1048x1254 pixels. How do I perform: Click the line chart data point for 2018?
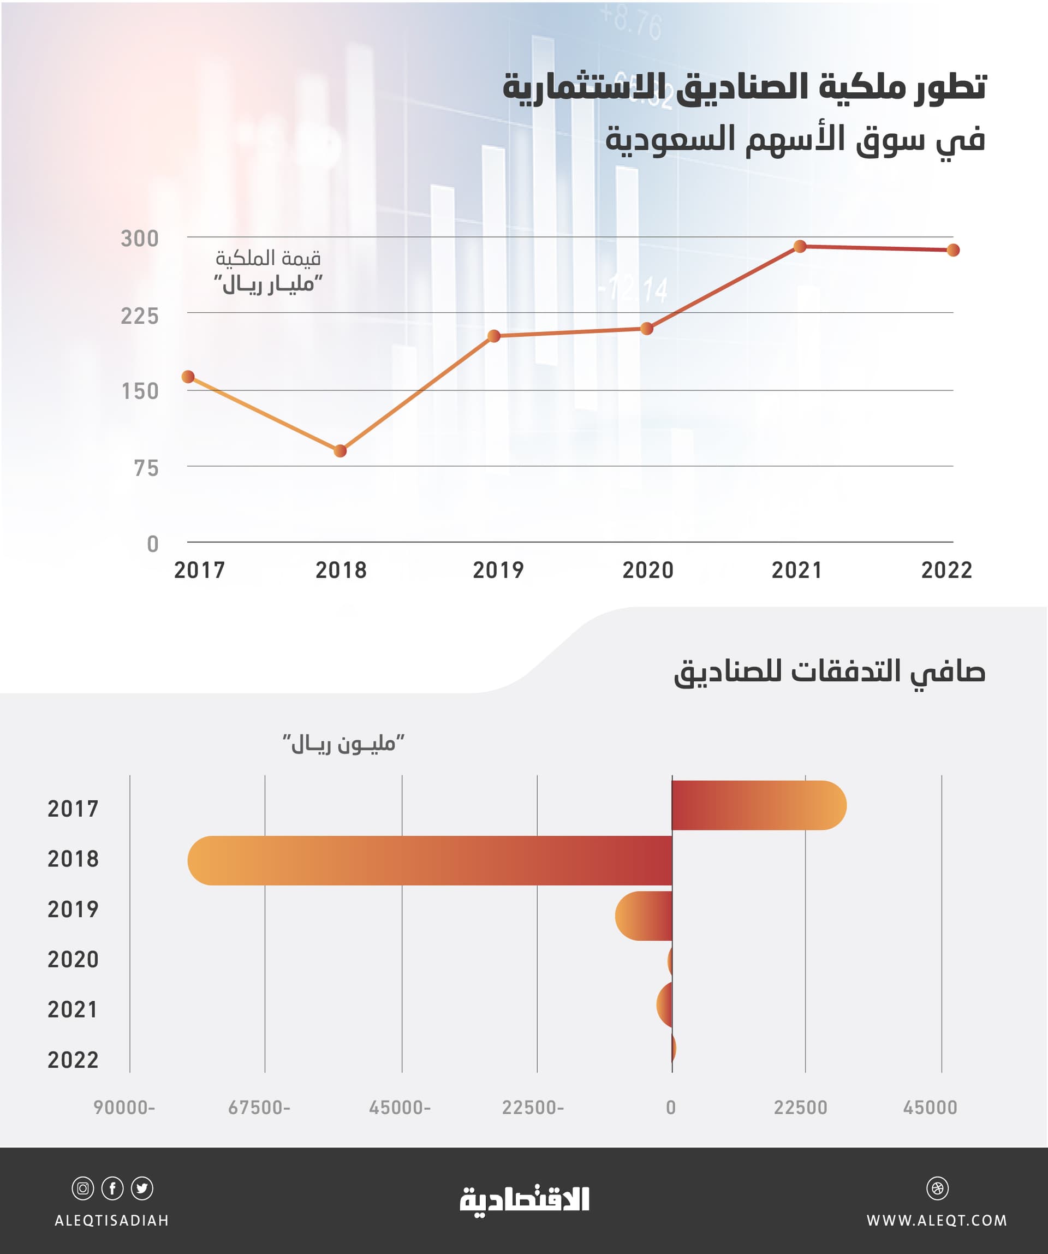(340, 451)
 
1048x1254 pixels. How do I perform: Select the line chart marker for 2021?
(800, 246)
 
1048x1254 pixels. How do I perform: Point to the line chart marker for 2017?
(188, 377)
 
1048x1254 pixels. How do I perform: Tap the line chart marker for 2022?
(953, 250)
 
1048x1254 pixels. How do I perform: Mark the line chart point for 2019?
(494, 336)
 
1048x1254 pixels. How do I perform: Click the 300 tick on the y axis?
(140, 239)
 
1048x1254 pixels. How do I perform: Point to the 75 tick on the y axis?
(146, 469)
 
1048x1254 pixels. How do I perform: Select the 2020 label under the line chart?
(648, 570)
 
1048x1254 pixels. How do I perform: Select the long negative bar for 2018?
(430, 860)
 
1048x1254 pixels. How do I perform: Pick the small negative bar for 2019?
(644, 916)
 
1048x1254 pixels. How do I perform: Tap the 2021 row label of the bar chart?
(73, 1010)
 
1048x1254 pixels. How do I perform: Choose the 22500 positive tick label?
(800, 1108)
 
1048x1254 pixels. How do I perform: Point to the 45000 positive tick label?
(930, 1108)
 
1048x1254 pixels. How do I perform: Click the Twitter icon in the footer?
(142, 1188)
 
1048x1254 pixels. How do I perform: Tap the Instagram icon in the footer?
(83, 1188)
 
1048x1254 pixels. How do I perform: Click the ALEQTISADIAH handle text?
(112, 1221)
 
